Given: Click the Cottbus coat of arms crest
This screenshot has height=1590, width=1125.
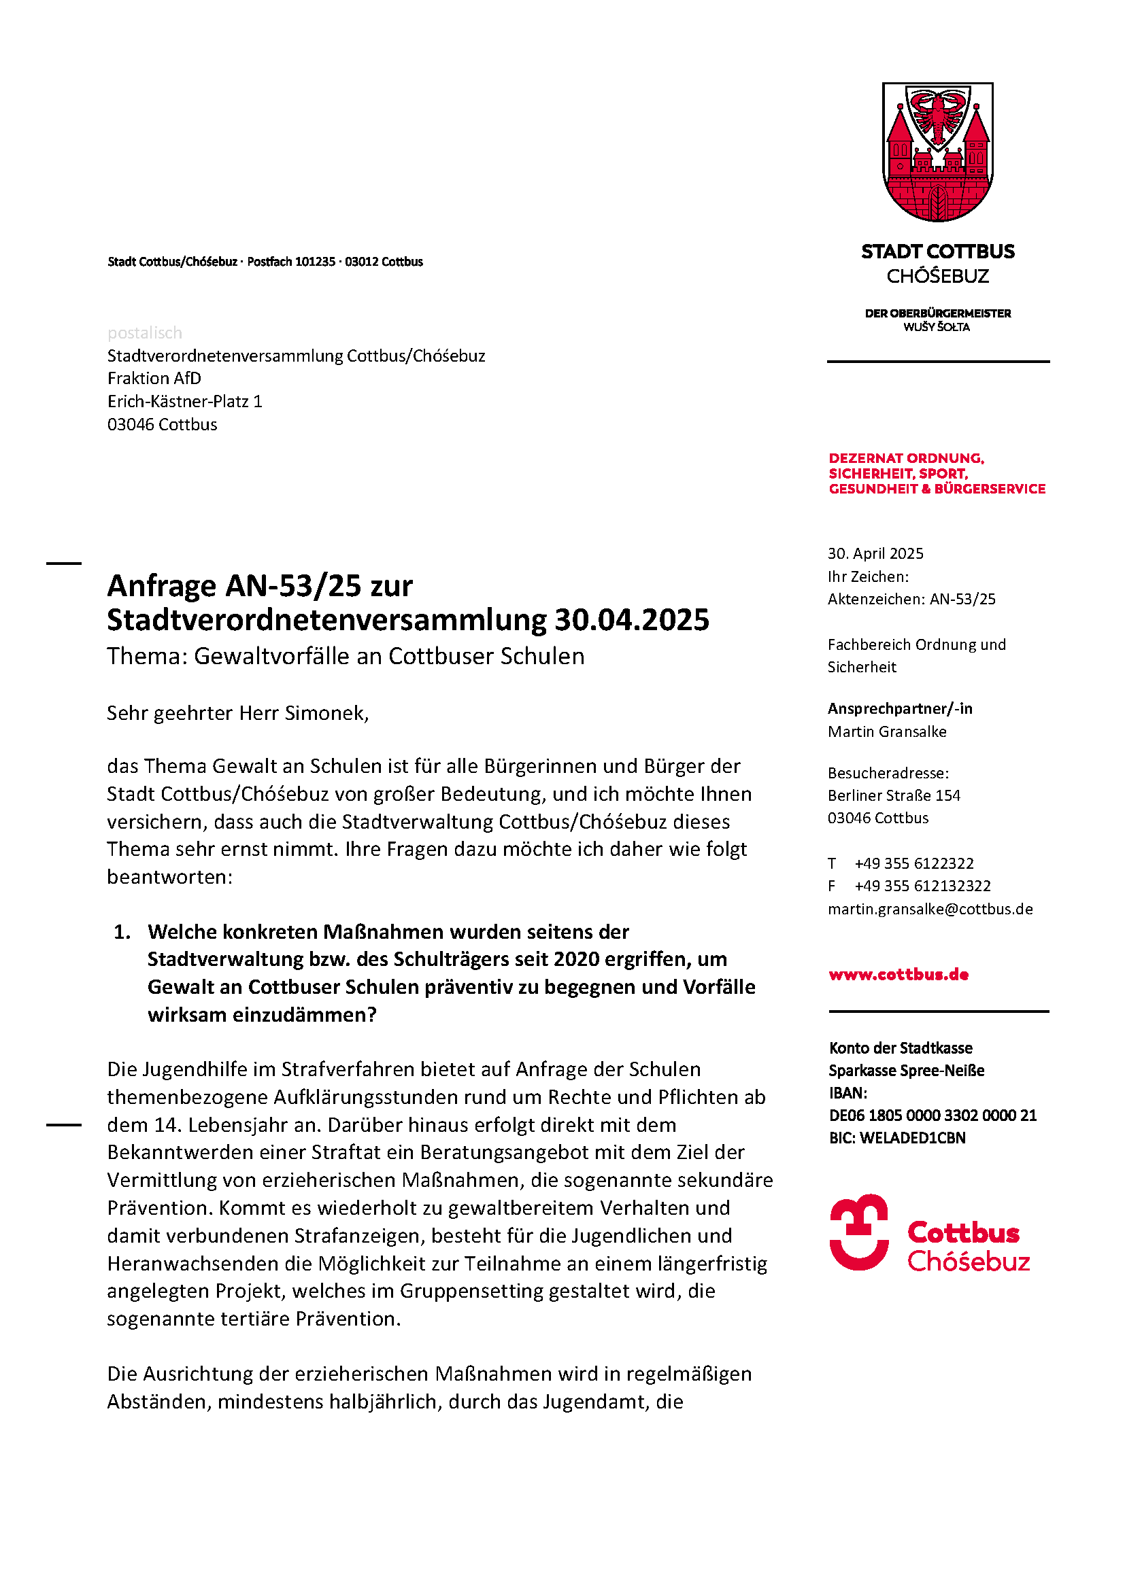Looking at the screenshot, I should coord(937,152).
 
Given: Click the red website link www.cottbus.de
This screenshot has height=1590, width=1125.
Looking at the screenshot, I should coord(899,974).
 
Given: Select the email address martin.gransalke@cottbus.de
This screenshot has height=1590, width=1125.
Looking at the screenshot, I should coord(930,909).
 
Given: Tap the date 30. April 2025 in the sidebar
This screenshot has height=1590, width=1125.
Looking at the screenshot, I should coord(875,553).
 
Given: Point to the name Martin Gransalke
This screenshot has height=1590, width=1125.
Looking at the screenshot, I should coord(887,731).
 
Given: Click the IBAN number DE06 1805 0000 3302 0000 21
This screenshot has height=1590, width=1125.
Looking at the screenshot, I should coord(933,1115).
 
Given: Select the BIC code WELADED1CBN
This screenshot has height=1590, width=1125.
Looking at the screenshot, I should coord(912,1138).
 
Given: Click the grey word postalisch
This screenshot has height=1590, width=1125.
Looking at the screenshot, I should coord(145,333).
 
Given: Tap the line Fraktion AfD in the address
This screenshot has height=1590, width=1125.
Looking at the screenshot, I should coord(154,378).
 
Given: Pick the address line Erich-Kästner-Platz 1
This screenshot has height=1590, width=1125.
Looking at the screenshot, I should coord(185,402).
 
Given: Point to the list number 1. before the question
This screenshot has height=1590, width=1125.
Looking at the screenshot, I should coord(122,932).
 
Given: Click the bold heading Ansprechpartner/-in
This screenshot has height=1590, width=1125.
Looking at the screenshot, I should coord(900,708).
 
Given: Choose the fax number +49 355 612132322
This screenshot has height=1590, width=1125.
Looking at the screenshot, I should coord(922,886).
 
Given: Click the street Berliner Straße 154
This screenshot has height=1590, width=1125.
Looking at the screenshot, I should coord(894,795).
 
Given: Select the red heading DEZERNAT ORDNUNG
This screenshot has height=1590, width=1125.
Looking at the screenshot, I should coord(906,458).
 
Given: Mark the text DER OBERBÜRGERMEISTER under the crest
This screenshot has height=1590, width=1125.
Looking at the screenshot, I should coord(937,313).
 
